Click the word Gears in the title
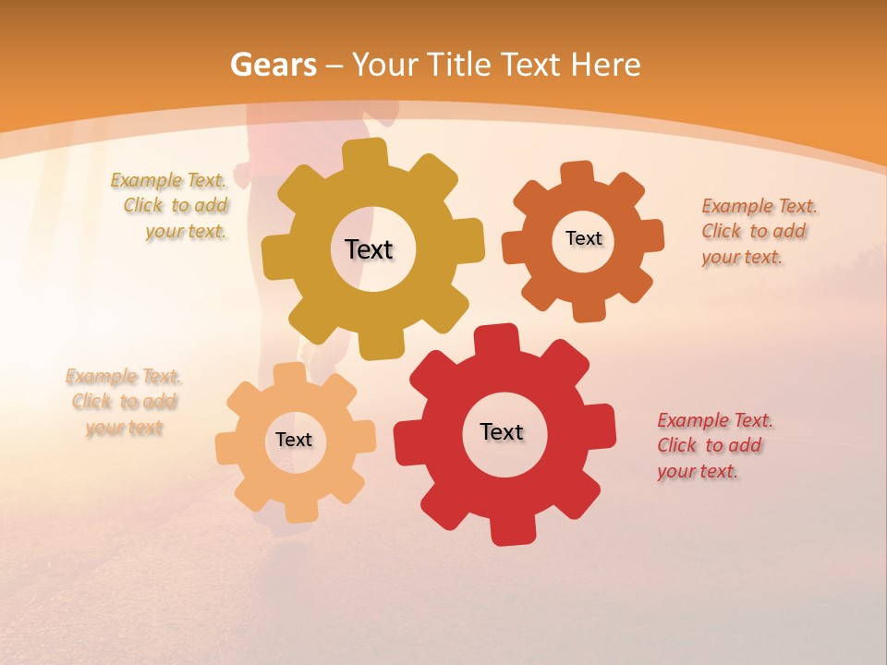pos(273,66)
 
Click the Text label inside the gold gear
pos(369,249)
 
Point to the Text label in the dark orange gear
pos(583,238)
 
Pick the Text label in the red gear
pos(502,432)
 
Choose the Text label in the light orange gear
pos(294,441)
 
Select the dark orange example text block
pos(758,232)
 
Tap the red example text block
pos(713,446)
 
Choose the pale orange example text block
pos(124,403)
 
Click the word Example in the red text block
pos(692,421)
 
